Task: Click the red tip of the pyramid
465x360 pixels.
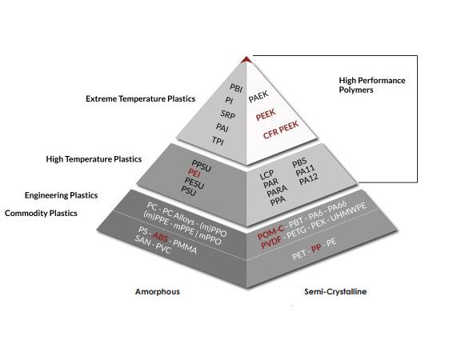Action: [x=247, y=60]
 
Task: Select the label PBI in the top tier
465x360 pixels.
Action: [x=236, y=88]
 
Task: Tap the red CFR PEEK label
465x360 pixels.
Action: [x=281, y=130]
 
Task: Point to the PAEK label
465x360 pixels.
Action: [x=259, y=96]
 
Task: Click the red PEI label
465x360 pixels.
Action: [x=194, y=172]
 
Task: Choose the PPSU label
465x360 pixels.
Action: [x=202, y=166]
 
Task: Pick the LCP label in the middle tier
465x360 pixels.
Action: [x=267, y=175]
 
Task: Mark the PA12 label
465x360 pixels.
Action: [x=309, y=179]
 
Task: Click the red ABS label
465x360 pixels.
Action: [x=160, y=237]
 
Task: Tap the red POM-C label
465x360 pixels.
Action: [x=271, y=232]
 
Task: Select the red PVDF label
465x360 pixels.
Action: [x=271, y=242]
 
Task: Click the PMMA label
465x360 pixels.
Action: [x=185, y=247]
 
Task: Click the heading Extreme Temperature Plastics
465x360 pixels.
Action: [x=141, y=98]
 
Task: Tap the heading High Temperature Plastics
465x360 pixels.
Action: [x=94, y=159]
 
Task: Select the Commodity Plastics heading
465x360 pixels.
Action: [x=41, y=214]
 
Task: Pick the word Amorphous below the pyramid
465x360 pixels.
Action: [x=158, y=291]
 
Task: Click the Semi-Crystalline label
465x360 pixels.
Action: [x=335, y=291]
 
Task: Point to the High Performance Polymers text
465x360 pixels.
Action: [x=372, y=85]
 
